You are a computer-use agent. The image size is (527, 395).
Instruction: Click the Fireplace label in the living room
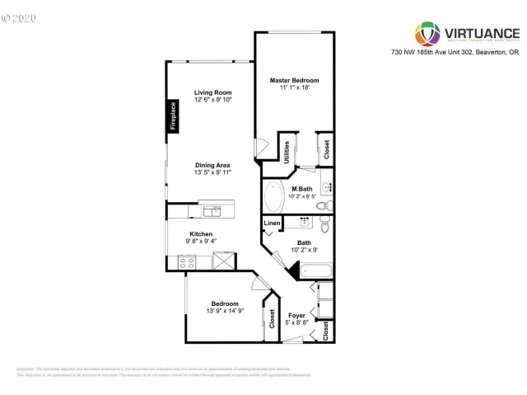(173, 116)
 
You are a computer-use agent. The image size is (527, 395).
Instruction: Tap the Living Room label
(212, 92)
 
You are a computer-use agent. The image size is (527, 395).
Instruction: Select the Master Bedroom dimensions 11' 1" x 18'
(294, 87)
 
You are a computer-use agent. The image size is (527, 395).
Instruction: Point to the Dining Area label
(212, 164)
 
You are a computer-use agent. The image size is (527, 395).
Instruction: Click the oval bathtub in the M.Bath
(273, 197)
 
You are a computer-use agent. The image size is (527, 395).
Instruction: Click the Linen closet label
(271, 223)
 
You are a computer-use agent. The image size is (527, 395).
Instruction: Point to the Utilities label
(287, 152)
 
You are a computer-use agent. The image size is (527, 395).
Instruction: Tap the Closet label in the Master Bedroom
(326, 148)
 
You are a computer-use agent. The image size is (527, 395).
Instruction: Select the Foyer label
(296, 316)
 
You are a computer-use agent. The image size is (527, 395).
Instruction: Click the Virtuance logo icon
(427, 32)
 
